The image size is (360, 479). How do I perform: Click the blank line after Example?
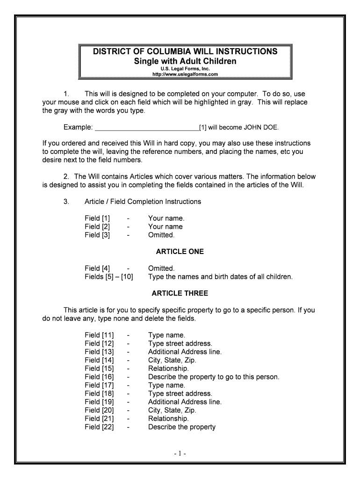tap(147, 127)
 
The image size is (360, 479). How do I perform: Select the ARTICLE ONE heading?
tap(180, 252)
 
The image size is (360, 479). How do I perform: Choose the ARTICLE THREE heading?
tap(180, 293)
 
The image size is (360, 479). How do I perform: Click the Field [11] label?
tap(99, 335)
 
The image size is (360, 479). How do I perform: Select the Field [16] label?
tap(99, 377)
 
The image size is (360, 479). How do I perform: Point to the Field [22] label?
tap(99, 427)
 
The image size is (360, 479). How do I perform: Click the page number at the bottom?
tap(180, 453)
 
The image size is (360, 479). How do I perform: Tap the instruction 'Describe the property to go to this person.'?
tap(214, 377)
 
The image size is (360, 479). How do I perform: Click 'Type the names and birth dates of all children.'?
tap(220, 276)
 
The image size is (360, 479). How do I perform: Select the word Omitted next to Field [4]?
tap(161, 269)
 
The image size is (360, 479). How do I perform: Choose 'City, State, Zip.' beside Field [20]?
tap(172, 410)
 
